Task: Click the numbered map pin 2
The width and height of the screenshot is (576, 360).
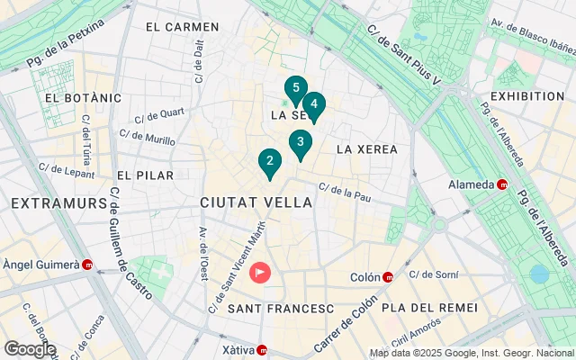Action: click(268, 162)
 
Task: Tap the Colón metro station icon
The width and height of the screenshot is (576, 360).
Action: click(387, 276)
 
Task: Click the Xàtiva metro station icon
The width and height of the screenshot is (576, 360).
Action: click(262, 350)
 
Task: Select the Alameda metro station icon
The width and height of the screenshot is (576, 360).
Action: click(502, 185)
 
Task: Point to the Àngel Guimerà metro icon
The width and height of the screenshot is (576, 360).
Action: click(87, 265)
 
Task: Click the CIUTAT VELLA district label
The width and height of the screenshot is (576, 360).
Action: click(256, 202)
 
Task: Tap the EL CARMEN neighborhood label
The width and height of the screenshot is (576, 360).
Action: click(182, 27)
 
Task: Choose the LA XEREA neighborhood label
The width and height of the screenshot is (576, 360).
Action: click(366, 148)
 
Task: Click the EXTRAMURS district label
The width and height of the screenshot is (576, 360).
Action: click(59, 203)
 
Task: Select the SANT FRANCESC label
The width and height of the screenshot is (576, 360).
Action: click(281, 309)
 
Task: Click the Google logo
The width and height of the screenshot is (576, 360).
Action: click(30, 348)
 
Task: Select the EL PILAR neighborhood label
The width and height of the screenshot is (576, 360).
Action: click(145, 175)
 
